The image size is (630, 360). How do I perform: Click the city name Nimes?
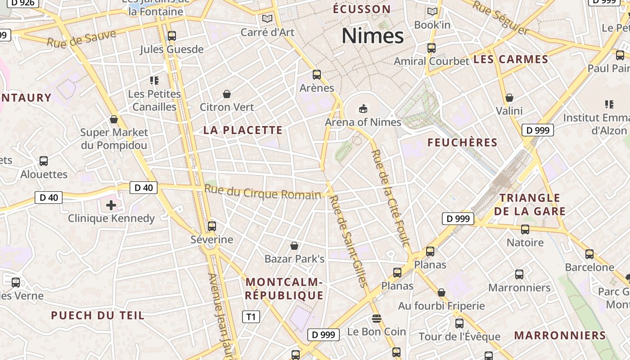pyautogui.click(x=373, y=36)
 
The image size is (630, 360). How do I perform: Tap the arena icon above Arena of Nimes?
pyautogui.click(x=363, y=108)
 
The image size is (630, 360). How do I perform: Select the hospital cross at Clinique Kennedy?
pyautogui.click(x=111, y=206)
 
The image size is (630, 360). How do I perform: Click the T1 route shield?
pyautogui.click(x=251, y=317)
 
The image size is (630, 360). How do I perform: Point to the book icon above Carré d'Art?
pyautogui.click(x=267, y=19)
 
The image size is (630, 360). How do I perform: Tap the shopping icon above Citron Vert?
pyautogui.click(x=227, y=94)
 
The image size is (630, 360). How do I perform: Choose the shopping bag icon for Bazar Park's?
pyautogui.click(x=294, y=246)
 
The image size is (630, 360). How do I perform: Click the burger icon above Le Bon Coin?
pyautogui.click(x=377, y=319)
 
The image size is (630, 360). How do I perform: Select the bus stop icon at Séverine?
pyautogui.click(x=211, y=226)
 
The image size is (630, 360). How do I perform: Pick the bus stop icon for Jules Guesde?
pyautogui.click(x=171, y=36)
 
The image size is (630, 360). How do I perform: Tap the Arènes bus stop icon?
pyautogui.click(x=317, y=74)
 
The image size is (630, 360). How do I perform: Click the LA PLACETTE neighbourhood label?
pyautogui.click(x=243, y=130)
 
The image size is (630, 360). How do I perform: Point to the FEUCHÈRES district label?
pyautogui.click(x=462, y=143)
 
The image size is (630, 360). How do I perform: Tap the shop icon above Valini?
pyautogui.click(x=509, y=98)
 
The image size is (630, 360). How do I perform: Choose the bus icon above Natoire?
pyautogui.click(x=525, y=229)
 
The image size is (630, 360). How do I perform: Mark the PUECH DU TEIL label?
pyautogui.click(x=98, y=315)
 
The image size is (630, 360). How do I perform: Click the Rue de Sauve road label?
pyautogui.click(x=81, y=39)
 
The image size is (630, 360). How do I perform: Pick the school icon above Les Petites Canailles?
pyautogui.click(x=154, y=81)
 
